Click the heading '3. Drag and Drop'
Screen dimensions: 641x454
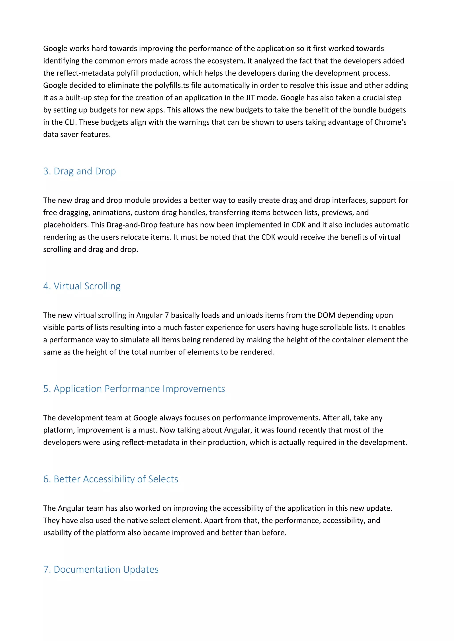click(79, 171)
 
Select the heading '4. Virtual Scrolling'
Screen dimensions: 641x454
click(82, 286)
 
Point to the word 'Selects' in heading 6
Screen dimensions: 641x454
click(163, 479)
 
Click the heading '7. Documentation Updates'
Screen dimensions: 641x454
click(101, 570)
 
